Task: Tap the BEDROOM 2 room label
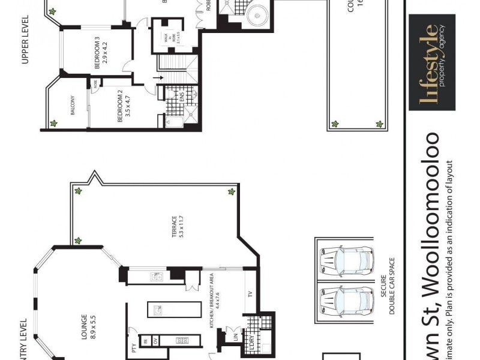click(124, 106)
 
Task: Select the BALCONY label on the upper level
click(71, 109)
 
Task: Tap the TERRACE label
click(178, 226)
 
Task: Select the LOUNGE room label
click(88, 327)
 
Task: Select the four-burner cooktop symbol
click(181, 341)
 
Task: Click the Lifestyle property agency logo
click(431, 63)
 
